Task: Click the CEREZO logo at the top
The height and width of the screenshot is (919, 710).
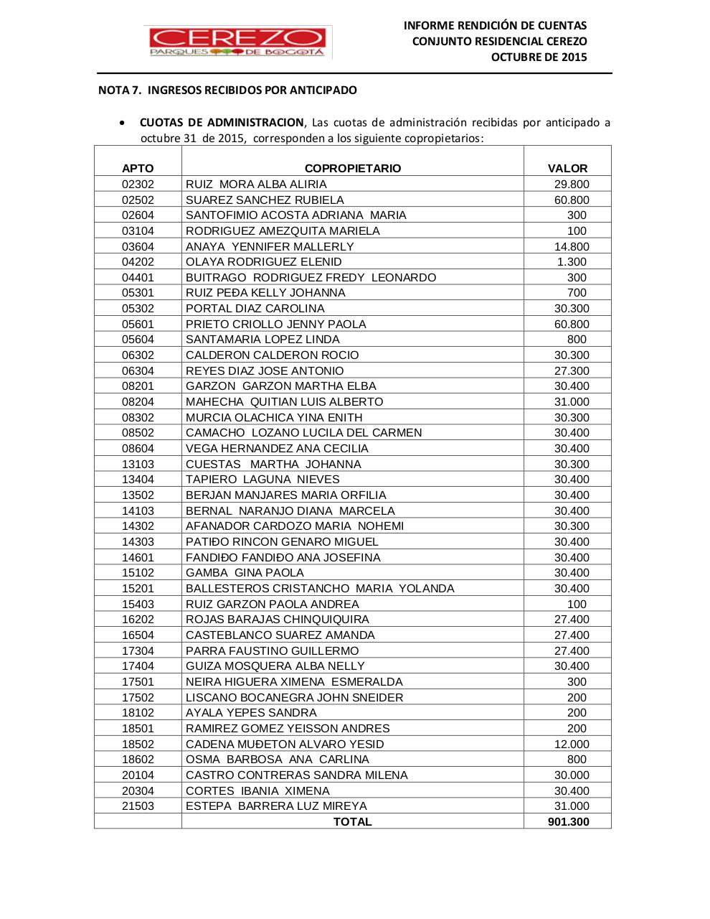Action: [237, 42]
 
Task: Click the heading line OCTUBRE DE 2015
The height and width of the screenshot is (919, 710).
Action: [539, 57]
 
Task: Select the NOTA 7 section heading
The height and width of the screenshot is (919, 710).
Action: [227, 90]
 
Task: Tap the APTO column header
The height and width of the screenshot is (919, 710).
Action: [138, 169]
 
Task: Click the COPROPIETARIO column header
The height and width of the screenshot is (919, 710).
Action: [352, 169]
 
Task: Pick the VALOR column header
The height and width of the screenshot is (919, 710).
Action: [567, 169]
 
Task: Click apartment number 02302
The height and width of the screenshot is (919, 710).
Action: [138, 185]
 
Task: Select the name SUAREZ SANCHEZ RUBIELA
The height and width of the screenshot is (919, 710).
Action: [265, 200]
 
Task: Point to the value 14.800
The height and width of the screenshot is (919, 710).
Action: [572, 247]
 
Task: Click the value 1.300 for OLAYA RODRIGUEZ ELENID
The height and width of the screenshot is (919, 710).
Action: [572, 262]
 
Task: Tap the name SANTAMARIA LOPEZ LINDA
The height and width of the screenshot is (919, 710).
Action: [262, 340]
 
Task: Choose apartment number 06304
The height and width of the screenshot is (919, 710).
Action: [138, 371]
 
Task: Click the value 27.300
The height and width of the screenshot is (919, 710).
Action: [572, 371]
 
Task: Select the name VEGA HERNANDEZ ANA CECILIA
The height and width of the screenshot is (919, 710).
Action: [277, 449]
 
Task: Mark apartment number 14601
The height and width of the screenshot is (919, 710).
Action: [138, 558]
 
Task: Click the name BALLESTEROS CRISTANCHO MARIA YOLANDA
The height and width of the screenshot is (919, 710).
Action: [320, 589]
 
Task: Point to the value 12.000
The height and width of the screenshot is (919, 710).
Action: [572, 745]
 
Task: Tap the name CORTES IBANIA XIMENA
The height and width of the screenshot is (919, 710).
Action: [257, 791]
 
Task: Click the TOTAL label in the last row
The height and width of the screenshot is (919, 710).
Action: [352, 822]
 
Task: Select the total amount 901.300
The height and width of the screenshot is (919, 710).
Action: [568, 822]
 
